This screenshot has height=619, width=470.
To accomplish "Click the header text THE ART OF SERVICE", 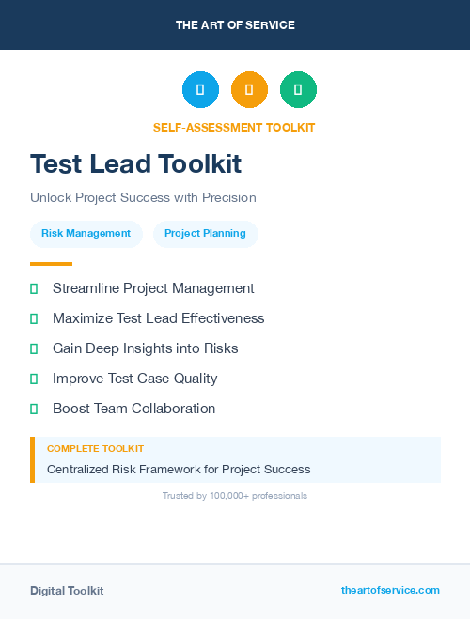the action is pyautogui.click(x=235, y=25).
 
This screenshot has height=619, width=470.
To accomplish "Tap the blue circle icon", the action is pyautogui.click(x=200, y=90).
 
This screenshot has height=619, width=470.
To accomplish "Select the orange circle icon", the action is pyautogui.click(x=249, y=90).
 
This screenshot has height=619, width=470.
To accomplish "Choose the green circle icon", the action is pyautogui.click(x=298, y=90).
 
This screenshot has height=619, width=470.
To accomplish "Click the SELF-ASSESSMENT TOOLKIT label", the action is pyautogui.click(x=235, y=128).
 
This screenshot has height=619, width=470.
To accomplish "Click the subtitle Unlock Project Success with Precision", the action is pyautogui.click(x=143, y=198).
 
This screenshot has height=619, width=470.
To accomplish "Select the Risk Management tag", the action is pyautogui.click(x=86, y=234).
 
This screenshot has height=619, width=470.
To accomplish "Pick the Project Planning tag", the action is pyautogui.click(x=205, y=234).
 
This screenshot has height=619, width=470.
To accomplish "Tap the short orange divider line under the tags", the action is pyautogui.click(x=51, y=264).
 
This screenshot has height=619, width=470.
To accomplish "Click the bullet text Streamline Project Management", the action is pyautogui.click(x=153, y=288).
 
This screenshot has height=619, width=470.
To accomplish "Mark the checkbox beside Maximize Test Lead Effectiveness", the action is pyautogui.click(x=34, y=318).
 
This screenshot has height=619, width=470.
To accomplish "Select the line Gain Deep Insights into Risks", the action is pyautogui.click(x=145, y=348).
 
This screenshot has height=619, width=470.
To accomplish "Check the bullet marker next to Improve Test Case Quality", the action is pyautogui.click(x=34, y=379).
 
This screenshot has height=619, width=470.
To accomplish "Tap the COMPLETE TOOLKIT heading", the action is pyautogui.click(x=95, y=449).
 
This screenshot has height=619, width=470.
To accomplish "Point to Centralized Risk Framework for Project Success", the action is pyautogui.click(x=179, y=469).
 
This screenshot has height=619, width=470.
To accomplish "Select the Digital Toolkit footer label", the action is pyautogui.click(x=67, y=591).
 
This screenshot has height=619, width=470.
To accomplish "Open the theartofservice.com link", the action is pyautogui.click(x=390, y=590).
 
